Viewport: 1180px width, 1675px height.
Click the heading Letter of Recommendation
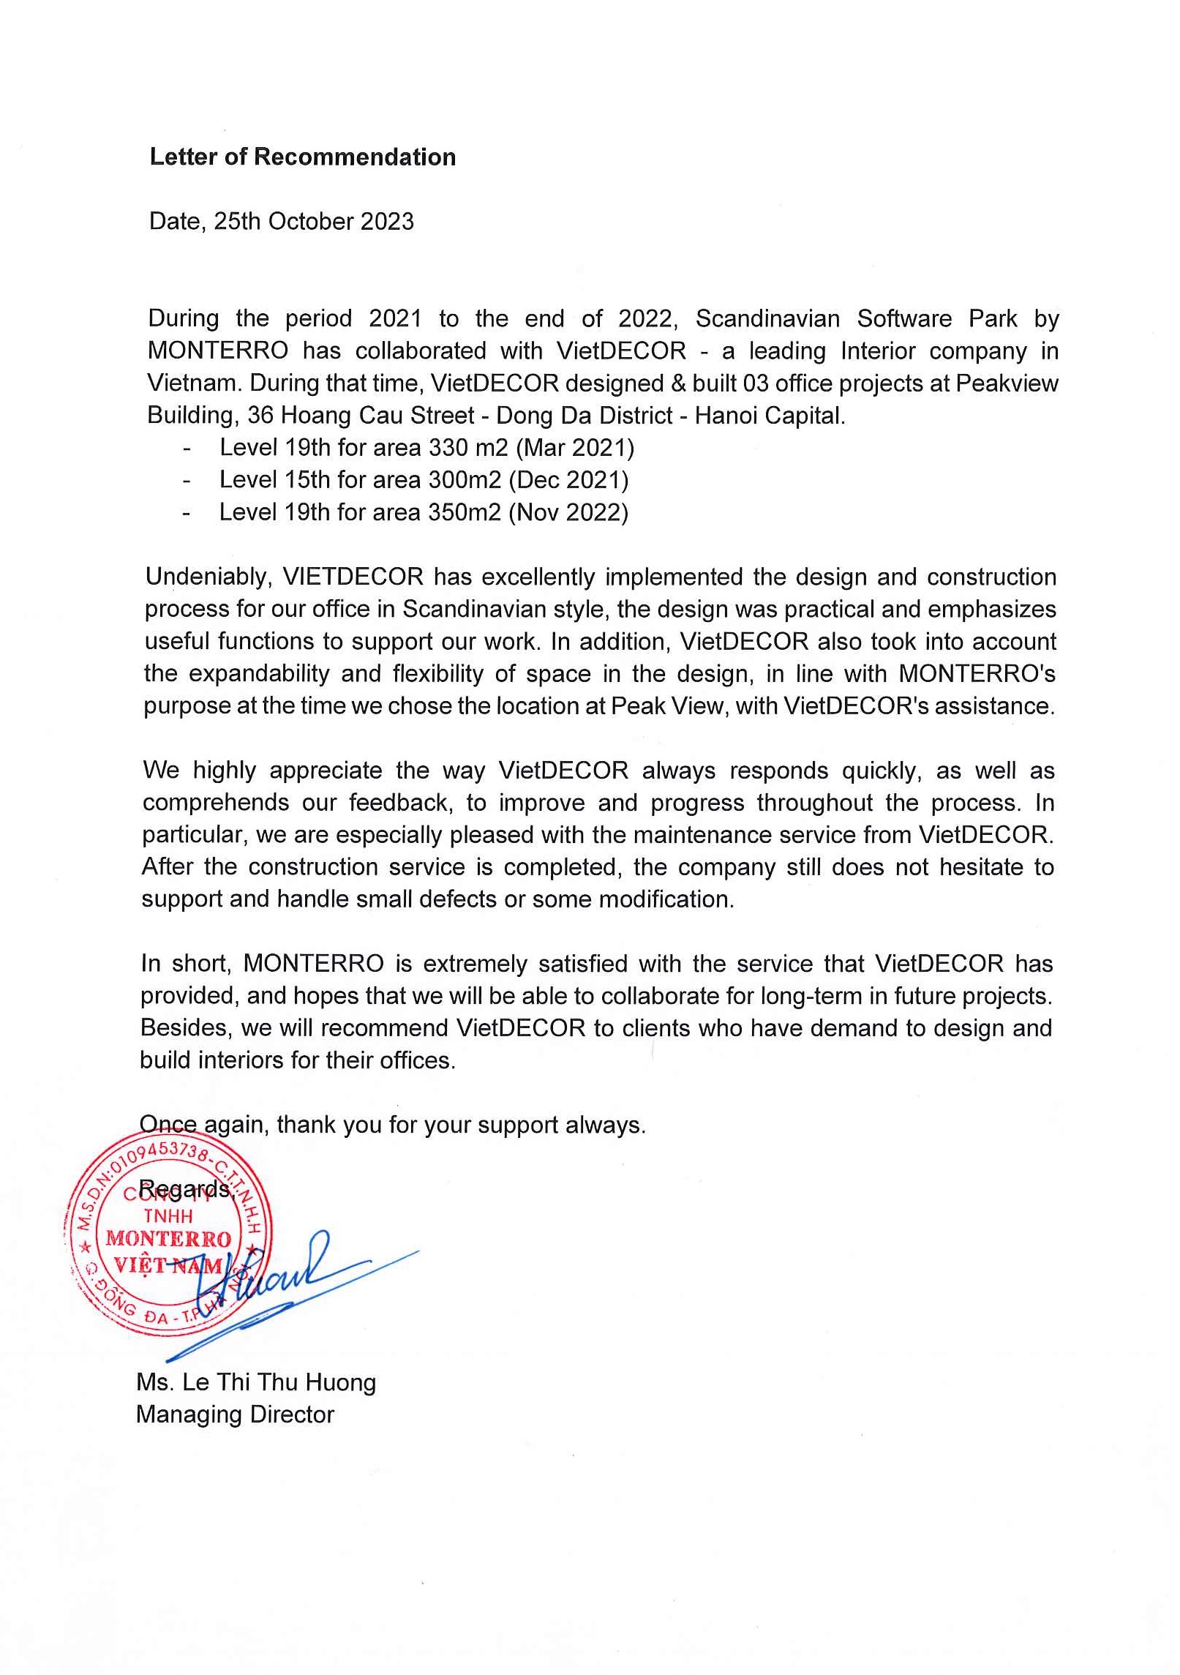(x=302, y=157)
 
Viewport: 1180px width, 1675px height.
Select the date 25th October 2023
(x=314, y=222)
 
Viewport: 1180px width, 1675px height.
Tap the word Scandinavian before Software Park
(x=767, y=319)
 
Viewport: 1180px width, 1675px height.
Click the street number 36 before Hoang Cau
(x=260, y=416)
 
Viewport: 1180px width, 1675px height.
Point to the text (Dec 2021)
(x=568, y=480)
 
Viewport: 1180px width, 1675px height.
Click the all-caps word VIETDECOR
(x=353, y=577)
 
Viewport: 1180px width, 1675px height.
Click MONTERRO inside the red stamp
(x=168, y=1239)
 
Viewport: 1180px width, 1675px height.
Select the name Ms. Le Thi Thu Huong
(x=256, y=1382)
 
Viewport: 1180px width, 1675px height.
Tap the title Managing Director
(x=235, y=1414)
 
